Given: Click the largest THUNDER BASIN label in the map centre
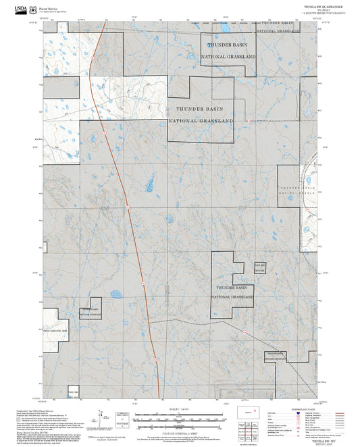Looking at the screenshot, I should click(x=200, y=109).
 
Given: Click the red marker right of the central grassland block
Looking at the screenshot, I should click(x=249, y=122).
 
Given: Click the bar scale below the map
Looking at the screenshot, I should click(x=179, y=417).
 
